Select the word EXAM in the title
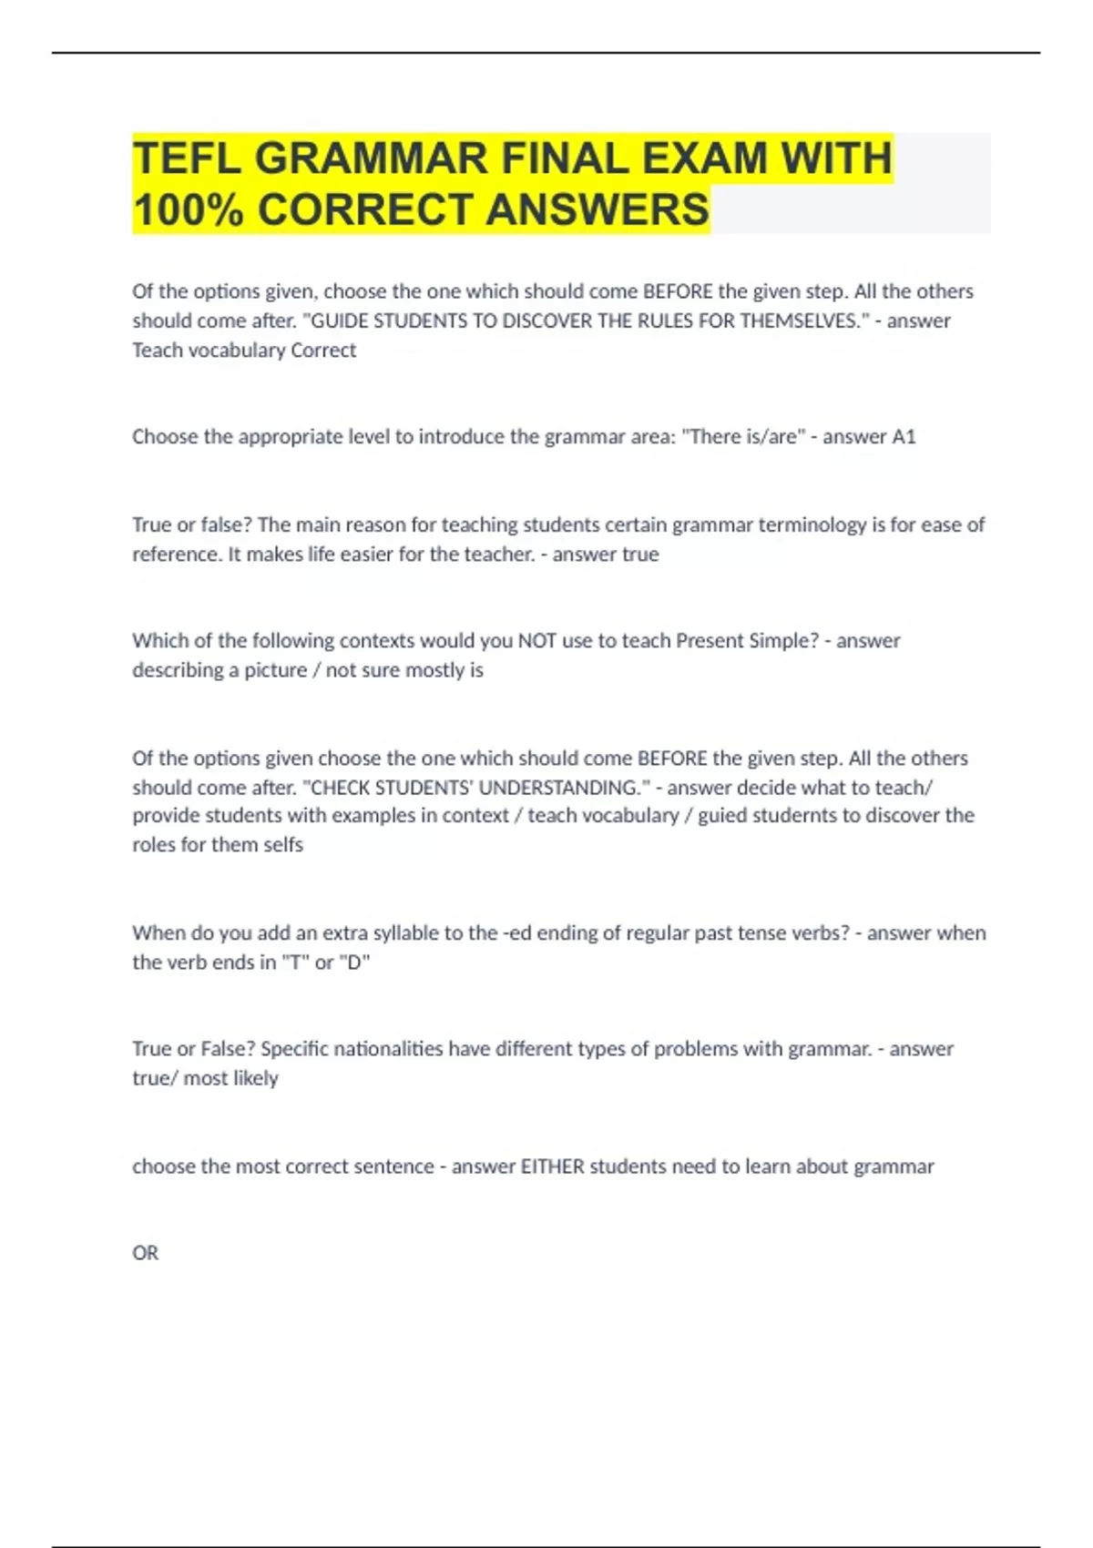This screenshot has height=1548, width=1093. point(705,158)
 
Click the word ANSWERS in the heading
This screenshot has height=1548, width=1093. point(597,209)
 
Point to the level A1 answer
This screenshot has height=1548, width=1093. point(904,437)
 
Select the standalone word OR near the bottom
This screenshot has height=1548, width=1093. point(145,1253)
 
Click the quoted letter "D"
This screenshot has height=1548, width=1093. point(354,962)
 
